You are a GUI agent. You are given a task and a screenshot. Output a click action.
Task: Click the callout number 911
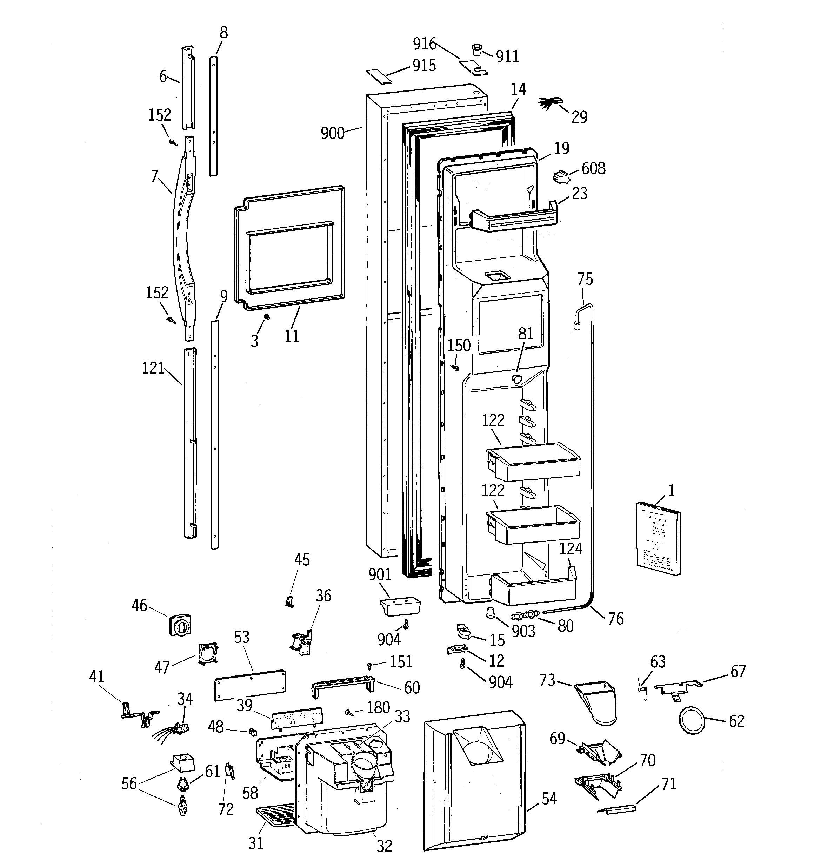(507, 57)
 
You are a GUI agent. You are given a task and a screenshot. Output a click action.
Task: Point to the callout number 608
(593, 169)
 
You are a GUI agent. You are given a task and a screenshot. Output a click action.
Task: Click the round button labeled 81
(516, 378)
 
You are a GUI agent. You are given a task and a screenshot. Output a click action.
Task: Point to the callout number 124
(571, 549)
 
